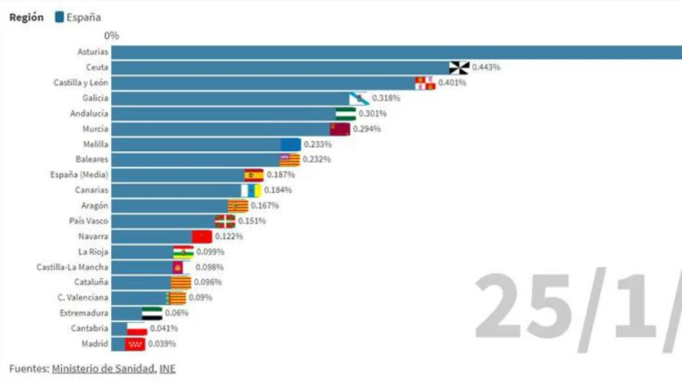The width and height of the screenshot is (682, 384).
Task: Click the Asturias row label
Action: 93,52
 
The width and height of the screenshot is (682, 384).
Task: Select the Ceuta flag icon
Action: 458,68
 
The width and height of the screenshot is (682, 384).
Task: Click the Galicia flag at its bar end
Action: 359,98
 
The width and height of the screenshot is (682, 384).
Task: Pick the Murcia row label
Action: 95,129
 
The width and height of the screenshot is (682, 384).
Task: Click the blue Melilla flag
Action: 290,144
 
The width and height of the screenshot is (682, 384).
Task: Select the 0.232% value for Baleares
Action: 316,159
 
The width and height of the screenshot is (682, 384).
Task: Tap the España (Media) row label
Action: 81,175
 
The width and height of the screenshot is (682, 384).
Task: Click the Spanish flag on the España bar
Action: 254,175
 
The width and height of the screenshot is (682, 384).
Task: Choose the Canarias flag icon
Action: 250,190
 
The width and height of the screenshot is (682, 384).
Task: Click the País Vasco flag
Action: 226,221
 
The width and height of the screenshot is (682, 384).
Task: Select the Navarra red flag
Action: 202,236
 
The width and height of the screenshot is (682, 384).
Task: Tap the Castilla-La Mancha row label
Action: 73,267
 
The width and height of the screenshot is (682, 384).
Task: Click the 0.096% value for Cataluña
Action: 208,282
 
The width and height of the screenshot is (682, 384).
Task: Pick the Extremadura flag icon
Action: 152,313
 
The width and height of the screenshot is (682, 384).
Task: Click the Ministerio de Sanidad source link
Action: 104,368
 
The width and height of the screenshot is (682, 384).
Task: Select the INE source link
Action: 168,368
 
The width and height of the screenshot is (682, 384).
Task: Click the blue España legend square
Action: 59,17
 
